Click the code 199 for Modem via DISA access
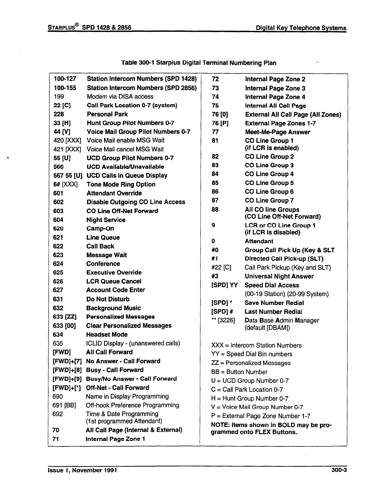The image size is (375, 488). pyautogui.click(x=58, y=97)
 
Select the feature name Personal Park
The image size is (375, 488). pyautogui.click(x=107, y=114)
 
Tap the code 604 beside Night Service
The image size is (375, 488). pyautogui.click(x=58, y=220)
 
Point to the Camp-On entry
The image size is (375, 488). pyautogui.click(x=100, y=229)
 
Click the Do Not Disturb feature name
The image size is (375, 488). pyautogui.click(x=108, y=299)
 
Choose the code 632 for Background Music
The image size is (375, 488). pyautogui.click(x=58, y=308)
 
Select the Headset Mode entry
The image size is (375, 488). pyautogui.click(x=107, y=335)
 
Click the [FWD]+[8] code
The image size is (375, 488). pyautogui.click(x=67, y=370)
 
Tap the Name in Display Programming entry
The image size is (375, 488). pyautogui.click(x=127, y=397)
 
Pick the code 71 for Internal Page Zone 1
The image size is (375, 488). pyautogui.click(x=56, y=439)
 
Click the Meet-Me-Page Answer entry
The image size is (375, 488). pyautogui.click(x=277, y=132)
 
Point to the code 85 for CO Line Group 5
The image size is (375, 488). pyautogui.click(x=215, y=183)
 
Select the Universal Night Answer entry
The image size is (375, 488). pyautogui.click(x=279, y=276)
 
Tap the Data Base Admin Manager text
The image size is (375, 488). pyautogui.click(x=282, y=320)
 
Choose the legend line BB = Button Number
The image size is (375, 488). pyautogui.click(x=239, y=372)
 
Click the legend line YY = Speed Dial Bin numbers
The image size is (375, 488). pyautogui.click(x=252, y=354)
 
